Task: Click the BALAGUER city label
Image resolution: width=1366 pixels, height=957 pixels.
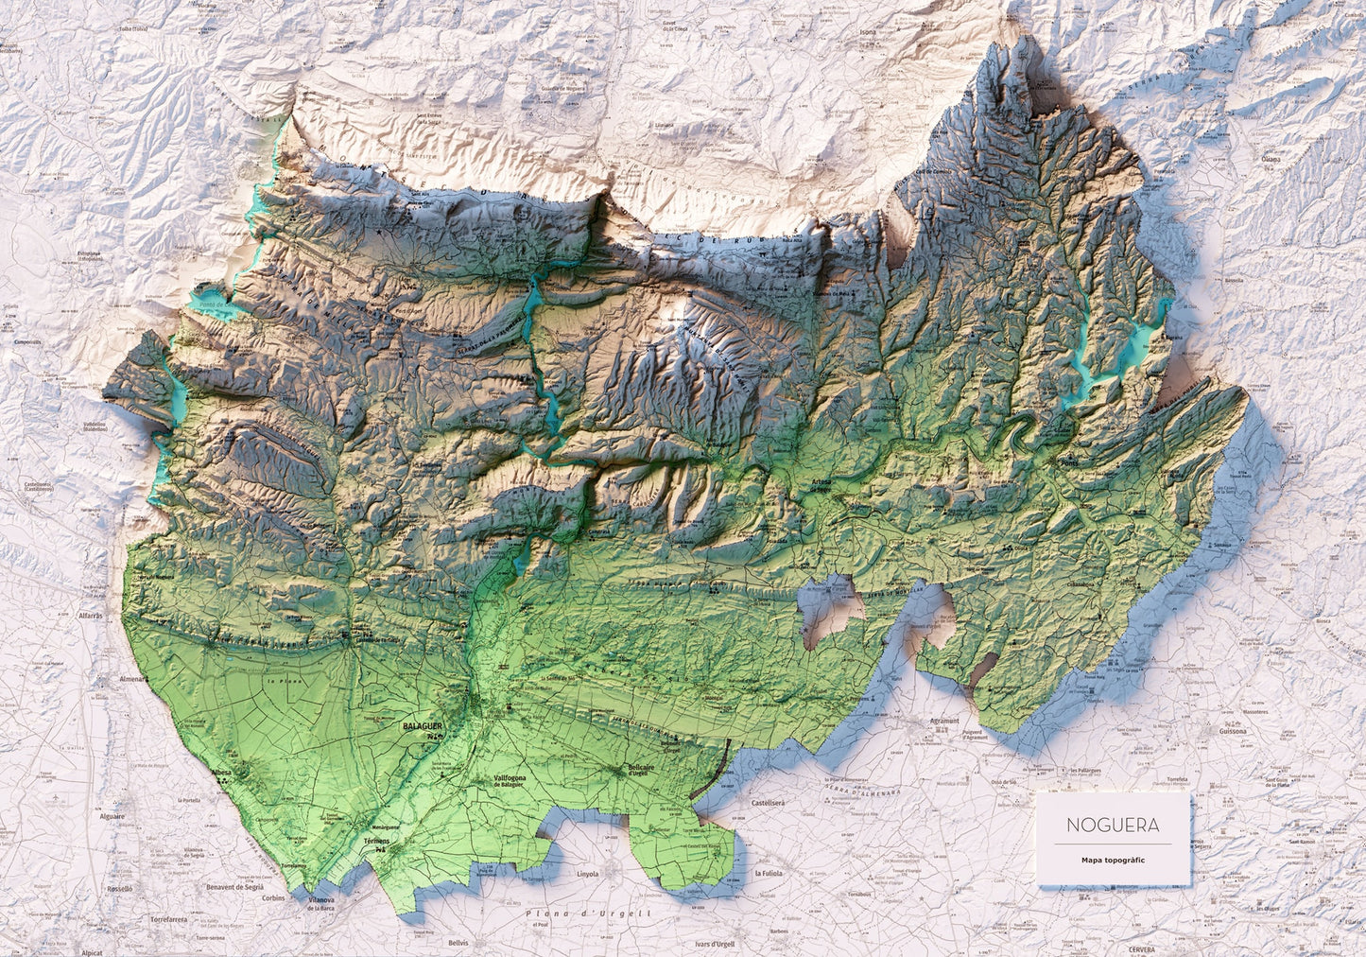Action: (422, 725)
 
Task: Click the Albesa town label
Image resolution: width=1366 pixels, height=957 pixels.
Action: (223, 773)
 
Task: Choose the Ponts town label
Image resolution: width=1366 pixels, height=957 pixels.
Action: (1069, 462)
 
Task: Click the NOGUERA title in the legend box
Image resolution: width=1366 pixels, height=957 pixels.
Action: (1112, 825)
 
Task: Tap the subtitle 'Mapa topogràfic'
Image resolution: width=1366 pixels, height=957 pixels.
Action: (1114, 860)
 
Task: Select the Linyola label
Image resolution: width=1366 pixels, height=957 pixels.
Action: (587, 874)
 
